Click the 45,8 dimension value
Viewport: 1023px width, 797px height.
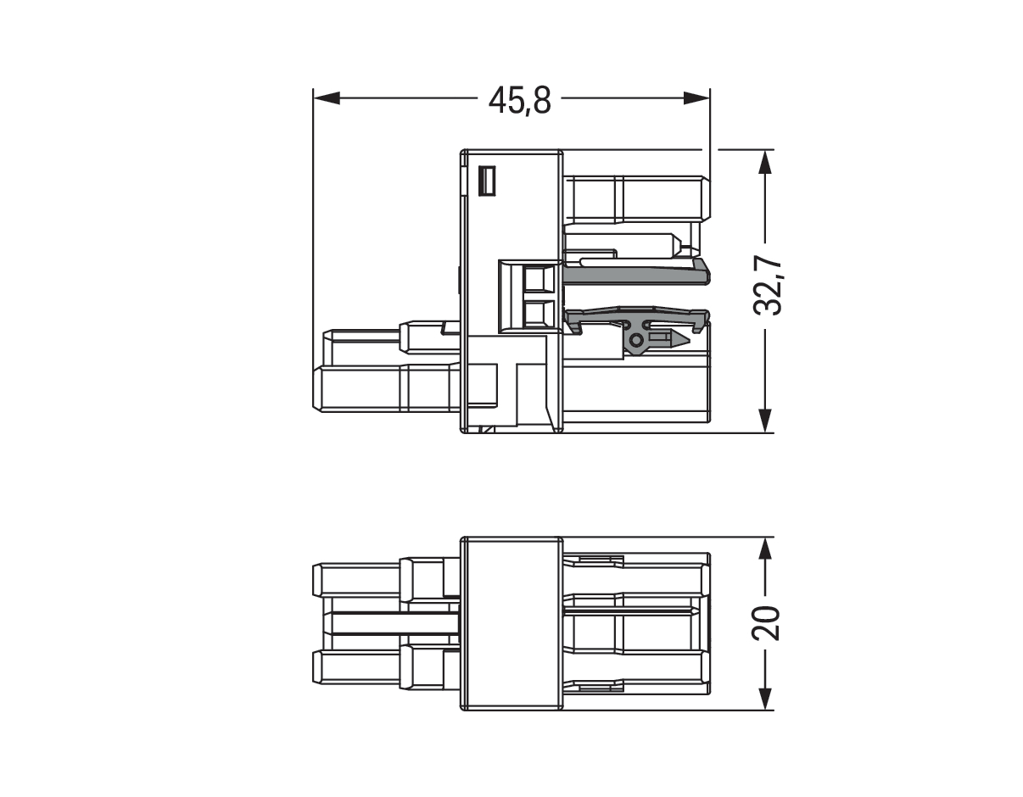point(519,101)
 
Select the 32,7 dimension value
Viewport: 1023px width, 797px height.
point(767,287)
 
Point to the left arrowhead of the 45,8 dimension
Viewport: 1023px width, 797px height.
point(327,98)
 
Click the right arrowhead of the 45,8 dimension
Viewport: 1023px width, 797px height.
point(696,98)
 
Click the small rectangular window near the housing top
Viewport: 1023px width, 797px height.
point(487,181)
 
